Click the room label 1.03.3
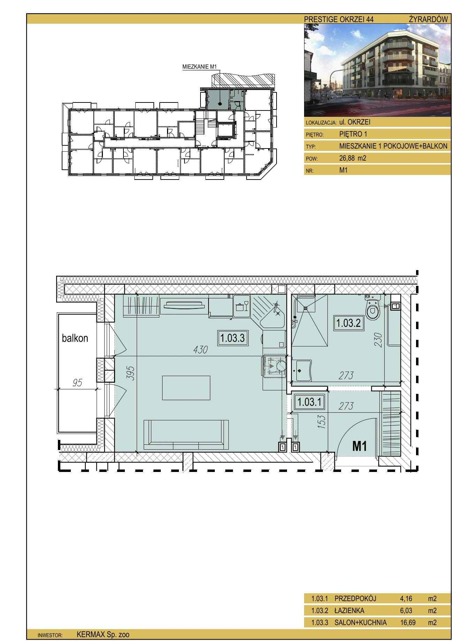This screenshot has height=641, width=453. [233, 338]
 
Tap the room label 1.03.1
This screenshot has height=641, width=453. [310, 402]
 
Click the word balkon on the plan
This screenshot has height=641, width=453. [75, 338]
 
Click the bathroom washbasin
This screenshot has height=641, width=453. [302, 371]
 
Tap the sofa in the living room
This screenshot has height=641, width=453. [186, 435]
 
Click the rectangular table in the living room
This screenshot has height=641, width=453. [186, 388]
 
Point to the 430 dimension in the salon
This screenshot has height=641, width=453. [201, 350]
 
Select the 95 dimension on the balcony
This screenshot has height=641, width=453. [77, 383]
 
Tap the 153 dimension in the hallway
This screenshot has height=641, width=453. [322, 421]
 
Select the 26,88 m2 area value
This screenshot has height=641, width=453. [353, 158]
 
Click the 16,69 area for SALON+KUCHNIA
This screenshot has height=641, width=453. [408, 622]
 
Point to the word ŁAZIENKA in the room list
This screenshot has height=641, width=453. [349, 610]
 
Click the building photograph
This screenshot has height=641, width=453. [377, 70]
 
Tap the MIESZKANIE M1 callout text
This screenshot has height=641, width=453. [199, 67]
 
